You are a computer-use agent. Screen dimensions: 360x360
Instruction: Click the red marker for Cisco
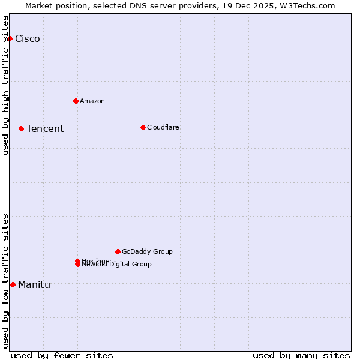[x=10, y=38]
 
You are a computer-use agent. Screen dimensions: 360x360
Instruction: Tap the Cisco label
[x=28, y=39]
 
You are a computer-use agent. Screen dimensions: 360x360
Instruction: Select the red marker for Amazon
[x=76, y=101]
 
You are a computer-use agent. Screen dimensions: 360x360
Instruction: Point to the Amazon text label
[x=92, y=101]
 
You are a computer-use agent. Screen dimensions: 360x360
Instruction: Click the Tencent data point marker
[x=21, y=128]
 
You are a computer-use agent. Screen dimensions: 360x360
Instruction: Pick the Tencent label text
[x=45, y=129]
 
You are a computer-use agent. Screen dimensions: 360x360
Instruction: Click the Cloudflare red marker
[x=143, y=127]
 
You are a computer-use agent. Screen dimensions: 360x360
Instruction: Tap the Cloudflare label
[x=163, y=127]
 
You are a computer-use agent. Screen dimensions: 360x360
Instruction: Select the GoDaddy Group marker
[x=118, y=251]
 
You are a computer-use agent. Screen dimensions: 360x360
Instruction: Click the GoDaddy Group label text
[x=147, y=251]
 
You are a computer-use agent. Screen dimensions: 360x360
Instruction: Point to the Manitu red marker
[x=13, y=284]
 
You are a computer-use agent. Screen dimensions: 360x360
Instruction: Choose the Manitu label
[x=34, y=285]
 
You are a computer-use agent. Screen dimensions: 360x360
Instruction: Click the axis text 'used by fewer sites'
[x=62, y=355]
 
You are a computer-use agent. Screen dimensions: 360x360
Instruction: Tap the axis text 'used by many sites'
[x=301, y=355]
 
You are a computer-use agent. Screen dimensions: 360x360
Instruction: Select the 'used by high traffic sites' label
[x=5, y=85]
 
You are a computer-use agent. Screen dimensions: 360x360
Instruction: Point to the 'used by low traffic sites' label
[x=5, y=280]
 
